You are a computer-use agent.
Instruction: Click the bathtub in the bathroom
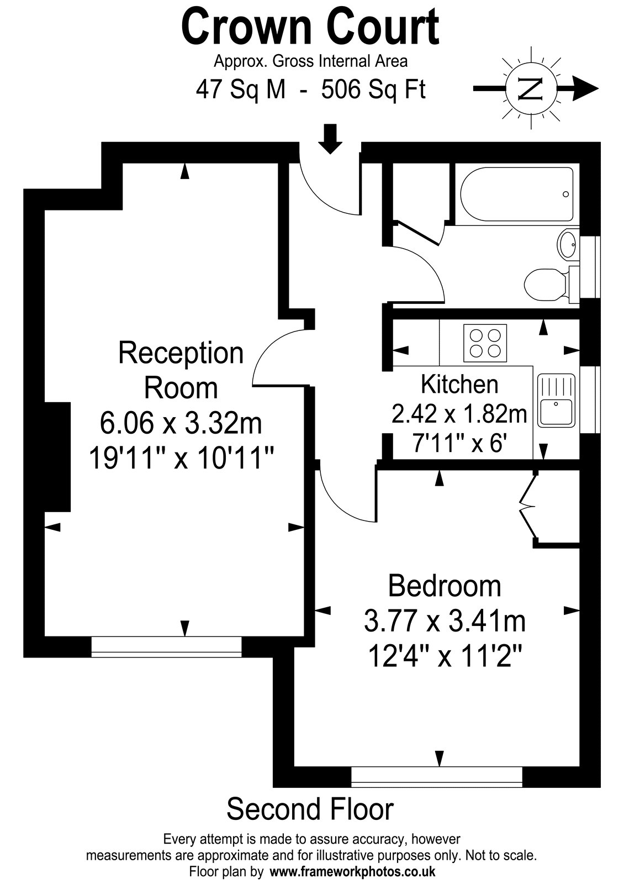(x=517, y=194)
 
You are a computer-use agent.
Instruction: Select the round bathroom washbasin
(x=568, y=245)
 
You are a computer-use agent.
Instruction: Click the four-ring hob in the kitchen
(x=485, y=343)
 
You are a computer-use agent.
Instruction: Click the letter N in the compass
(x=531, y=89)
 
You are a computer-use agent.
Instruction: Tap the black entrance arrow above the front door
(x=330, y=139)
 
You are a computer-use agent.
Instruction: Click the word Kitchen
(x=459, y=385)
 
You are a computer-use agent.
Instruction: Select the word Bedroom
(x=445, y=586)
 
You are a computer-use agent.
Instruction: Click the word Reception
(x=181, y=353)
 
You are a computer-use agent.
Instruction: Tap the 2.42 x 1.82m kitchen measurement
(x=459, y=414)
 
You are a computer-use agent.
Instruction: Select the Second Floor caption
(x=310, y=809)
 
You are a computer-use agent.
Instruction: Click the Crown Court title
(x=310, y=27)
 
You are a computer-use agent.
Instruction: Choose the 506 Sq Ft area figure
(x=373, y=90)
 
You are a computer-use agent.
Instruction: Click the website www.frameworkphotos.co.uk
(x=352, y=871)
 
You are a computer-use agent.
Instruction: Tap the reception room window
(x=166, y=646)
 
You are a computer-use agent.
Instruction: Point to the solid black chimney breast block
(x=57, y=456)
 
